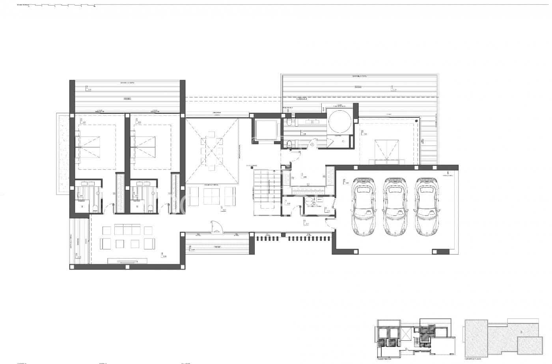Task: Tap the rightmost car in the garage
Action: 426,206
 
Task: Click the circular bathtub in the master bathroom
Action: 339,122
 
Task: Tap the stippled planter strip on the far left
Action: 62,154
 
